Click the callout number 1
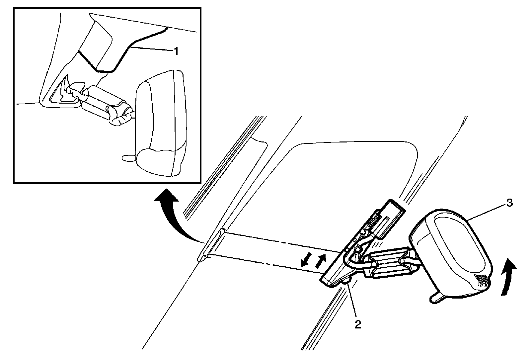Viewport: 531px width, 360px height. (176, 51)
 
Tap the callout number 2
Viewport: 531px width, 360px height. (357, 324)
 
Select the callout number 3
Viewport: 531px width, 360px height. (509, 203)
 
